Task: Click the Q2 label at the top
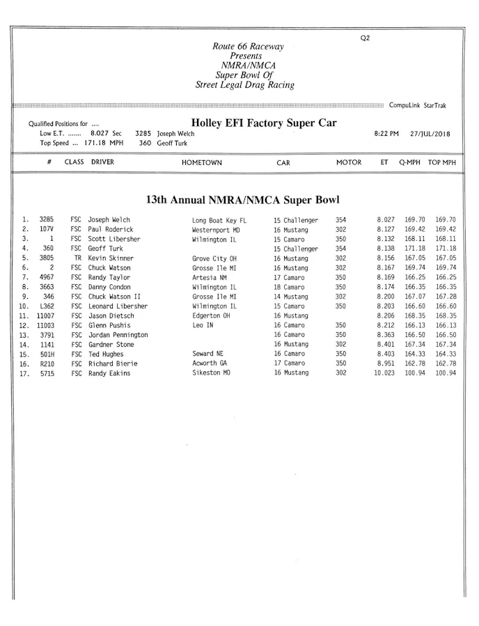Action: tap(366, 38)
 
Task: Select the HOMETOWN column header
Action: tap(202, 162)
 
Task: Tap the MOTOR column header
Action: tap(349, 162)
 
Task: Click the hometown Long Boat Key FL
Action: tap(219, 220)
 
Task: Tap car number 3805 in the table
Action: tap(47, 258)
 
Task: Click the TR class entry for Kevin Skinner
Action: tap(78, 258)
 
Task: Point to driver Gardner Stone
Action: tap(111, 345)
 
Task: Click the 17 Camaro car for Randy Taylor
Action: tap(289, 277)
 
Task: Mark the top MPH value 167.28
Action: tap(446, 297)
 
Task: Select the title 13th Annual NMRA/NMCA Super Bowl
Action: tap(242, 200)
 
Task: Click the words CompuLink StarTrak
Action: tap(418, 106)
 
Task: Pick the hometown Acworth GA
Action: tap(210, 363)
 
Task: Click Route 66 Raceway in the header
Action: tap(248, 47)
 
